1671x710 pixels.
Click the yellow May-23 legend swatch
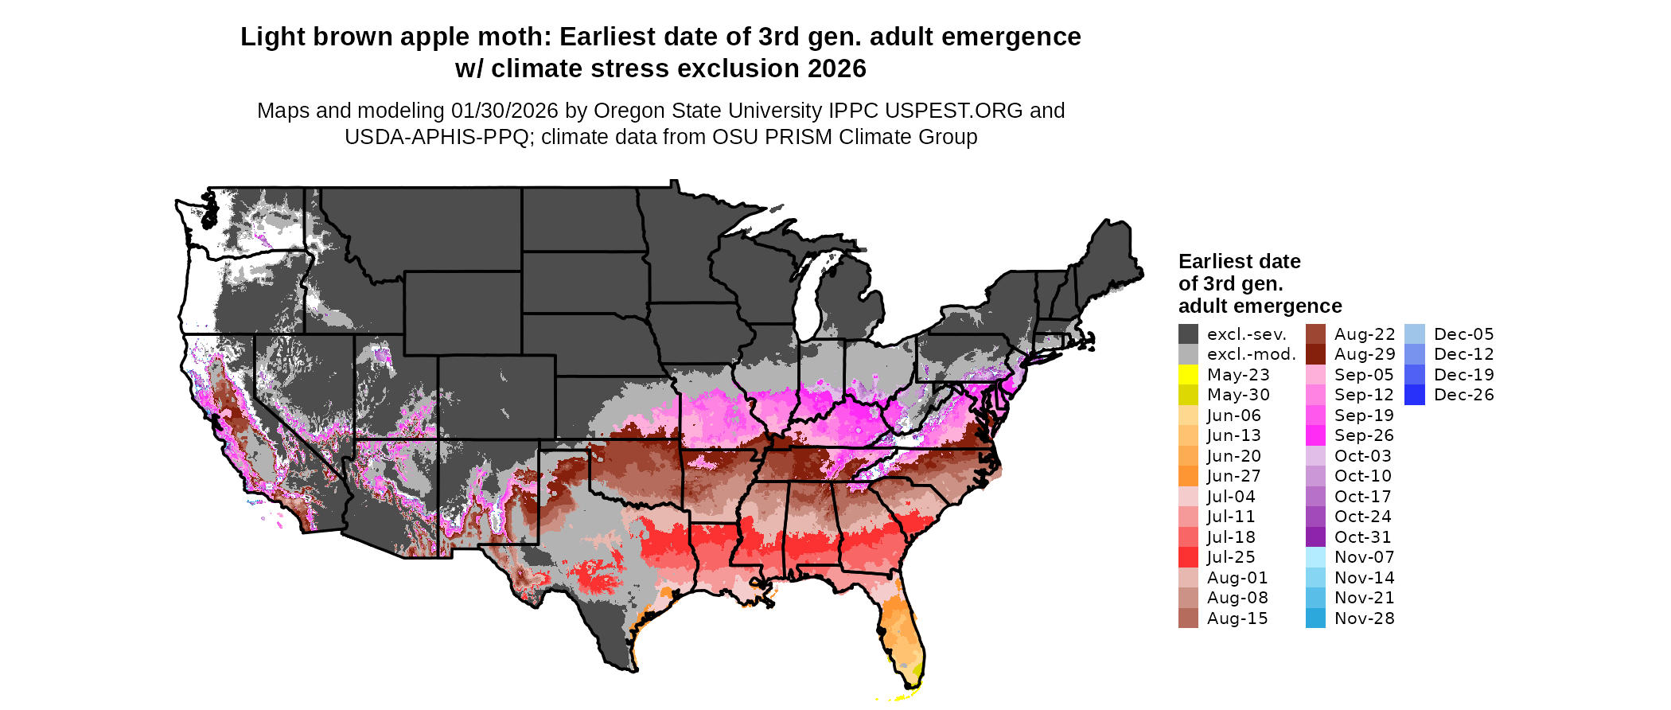click(x=1188, y=375)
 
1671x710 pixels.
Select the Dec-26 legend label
click(x=1463, y=395)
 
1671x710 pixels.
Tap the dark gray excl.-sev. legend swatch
click(x=1188, y=334)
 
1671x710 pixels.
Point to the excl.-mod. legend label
click(x=1251, y=354)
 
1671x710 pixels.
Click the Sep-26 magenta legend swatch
click(x=1315, y=435)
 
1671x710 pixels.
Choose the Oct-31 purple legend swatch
click(x=1315, y=537)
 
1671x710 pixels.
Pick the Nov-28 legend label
click(x=1364, y=618)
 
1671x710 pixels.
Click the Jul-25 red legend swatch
click(x=1188, y=557)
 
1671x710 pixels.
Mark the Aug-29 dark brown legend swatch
click(x=1315, y=354)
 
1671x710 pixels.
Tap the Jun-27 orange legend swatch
click(x=1188, y=476)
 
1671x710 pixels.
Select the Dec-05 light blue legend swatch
click(x=1414, y=334)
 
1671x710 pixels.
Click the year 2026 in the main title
click(x=836, y=69)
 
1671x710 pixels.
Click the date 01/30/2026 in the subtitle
click(x=504, y=111)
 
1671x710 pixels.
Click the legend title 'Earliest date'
click(x=1239, y=262)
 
